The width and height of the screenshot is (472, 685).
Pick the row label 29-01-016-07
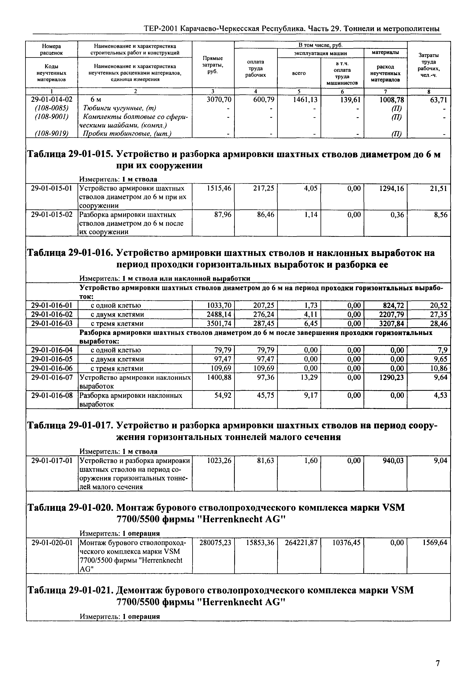[x=52, y=377]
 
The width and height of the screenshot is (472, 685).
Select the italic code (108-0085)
[x=52, y=108]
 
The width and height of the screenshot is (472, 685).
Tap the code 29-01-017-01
[x=52, y=461]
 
